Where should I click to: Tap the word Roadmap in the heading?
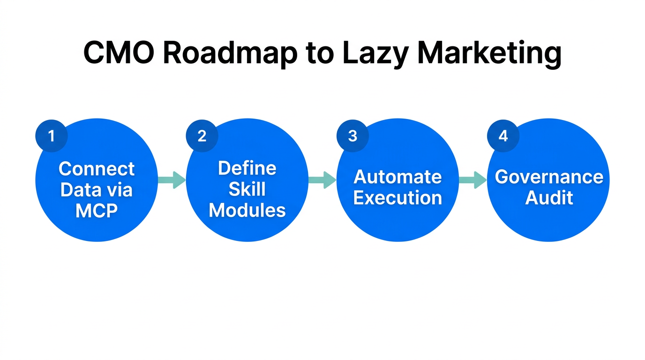[230, 52]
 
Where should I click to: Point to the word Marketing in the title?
[489, 52]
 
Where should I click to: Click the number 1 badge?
[52, 136]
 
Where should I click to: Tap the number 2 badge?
[202, 136]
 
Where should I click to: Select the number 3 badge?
[352, 136]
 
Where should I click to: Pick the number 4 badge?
[503, 136]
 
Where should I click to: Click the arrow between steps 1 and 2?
[172, 180]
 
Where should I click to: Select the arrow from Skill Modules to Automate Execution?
[322, 180]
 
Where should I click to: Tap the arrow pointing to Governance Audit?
[473, 180]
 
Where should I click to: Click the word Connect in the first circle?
[97, 169]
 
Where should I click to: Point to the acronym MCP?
[97, 211]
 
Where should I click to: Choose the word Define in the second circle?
[247, 168]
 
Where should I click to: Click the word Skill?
[247, 189]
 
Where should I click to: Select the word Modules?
[247, 210]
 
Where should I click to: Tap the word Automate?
[397, 177]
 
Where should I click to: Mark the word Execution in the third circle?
[397, 198]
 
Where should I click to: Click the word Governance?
[549, 177]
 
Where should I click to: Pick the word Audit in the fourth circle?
[549, 198]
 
